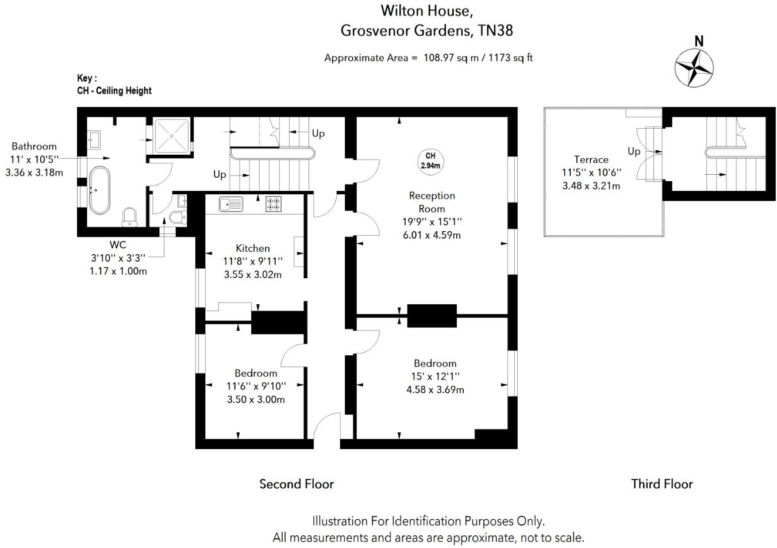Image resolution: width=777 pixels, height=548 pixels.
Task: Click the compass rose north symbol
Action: tap(694, 67)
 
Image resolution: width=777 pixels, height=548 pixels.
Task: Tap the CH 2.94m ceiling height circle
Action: tap(430, 161)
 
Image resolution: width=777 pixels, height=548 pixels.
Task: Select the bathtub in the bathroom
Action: tap(99, 190)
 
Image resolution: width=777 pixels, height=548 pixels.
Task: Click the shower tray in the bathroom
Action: tap(172, 136)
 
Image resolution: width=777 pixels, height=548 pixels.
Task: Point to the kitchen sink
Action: tap(231, 204)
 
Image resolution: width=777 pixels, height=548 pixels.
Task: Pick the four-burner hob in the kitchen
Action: tap(274, 204)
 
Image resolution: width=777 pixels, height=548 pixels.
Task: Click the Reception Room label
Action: tap(432, 202)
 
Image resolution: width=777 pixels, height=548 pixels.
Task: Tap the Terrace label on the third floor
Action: tap(591, 160)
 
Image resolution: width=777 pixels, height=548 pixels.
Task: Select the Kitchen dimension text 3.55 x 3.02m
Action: tap(253, 274)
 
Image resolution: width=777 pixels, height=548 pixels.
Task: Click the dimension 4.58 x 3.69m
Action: tap(435, 389)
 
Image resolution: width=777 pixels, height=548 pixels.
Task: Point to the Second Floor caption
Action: tap(297, 484)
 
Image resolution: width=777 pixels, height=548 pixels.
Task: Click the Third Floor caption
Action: tap(662, 484)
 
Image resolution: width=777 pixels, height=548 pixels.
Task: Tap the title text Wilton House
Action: tap(427, 10)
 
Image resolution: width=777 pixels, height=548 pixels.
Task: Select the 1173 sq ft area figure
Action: tap(511, 58)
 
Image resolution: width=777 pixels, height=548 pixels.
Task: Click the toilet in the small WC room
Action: tap(177, 217)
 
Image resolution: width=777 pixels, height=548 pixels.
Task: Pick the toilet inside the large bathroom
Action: tap(130, 217)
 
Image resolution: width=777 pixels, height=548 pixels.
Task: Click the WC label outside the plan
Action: tap(118, 245)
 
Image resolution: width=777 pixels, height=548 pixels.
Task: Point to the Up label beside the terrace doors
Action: tap(634, 151)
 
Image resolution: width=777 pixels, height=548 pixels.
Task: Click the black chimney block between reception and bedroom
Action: tap(432, 316)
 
